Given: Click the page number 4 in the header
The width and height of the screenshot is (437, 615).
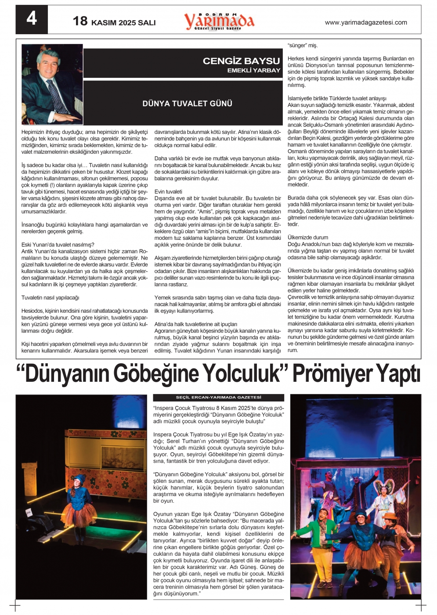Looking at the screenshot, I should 32,19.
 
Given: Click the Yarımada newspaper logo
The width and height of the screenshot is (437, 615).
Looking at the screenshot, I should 219,21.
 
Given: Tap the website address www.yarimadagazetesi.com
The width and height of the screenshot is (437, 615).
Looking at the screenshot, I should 365,22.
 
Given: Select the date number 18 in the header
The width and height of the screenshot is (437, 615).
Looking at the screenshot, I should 80,21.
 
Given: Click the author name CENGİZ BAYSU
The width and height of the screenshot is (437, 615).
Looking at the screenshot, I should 241,61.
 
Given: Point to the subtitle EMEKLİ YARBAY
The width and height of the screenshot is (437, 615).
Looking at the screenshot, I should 253,70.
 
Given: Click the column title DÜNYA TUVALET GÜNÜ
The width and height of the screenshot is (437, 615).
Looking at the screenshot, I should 187,104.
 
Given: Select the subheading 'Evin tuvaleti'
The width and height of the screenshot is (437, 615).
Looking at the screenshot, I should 168,192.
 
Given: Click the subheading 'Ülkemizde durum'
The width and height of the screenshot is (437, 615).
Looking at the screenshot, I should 308,238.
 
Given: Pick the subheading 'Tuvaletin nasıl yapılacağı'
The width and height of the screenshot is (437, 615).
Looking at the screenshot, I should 50,298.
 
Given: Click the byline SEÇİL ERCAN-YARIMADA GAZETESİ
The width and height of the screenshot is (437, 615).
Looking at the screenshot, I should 218,398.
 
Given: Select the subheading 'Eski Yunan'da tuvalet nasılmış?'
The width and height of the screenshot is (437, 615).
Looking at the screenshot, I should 58,245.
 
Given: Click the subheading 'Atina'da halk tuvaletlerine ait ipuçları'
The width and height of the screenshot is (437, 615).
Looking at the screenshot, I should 195,324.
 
